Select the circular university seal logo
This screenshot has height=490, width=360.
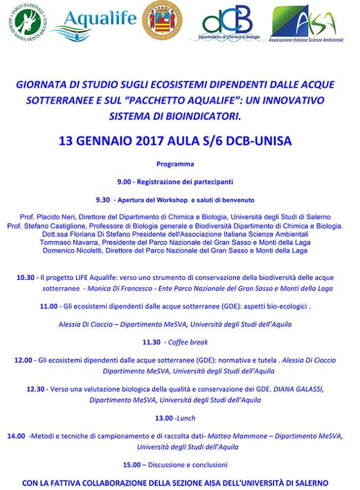[162, 21]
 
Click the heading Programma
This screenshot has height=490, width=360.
[175, 165]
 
